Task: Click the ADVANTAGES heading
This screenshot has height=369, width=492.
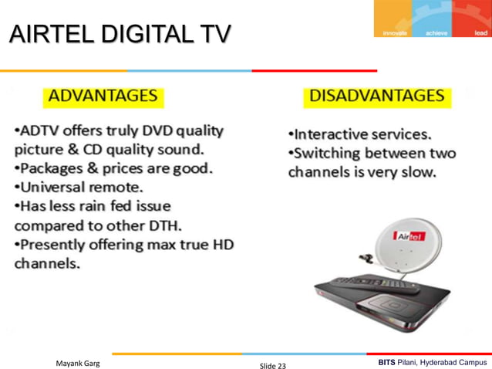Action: click(x=103, y=97)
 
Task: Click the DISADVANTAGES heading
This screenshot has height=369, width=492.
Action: click(x=376, y=96)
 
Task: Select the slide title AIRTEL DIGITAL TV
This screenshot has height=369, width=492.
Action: click(x=120, y=36)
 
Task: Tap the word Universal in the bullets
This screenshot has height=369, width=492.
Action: click(x=55, y=187)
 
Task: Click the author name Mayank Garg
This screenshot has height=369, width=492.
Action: click(x=81, y=361)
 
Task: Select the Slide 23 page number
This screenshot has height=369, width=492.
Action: click(x=271, y=364)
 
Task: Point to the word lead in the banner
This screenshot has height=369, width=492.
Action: click(x=480, y=32)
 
